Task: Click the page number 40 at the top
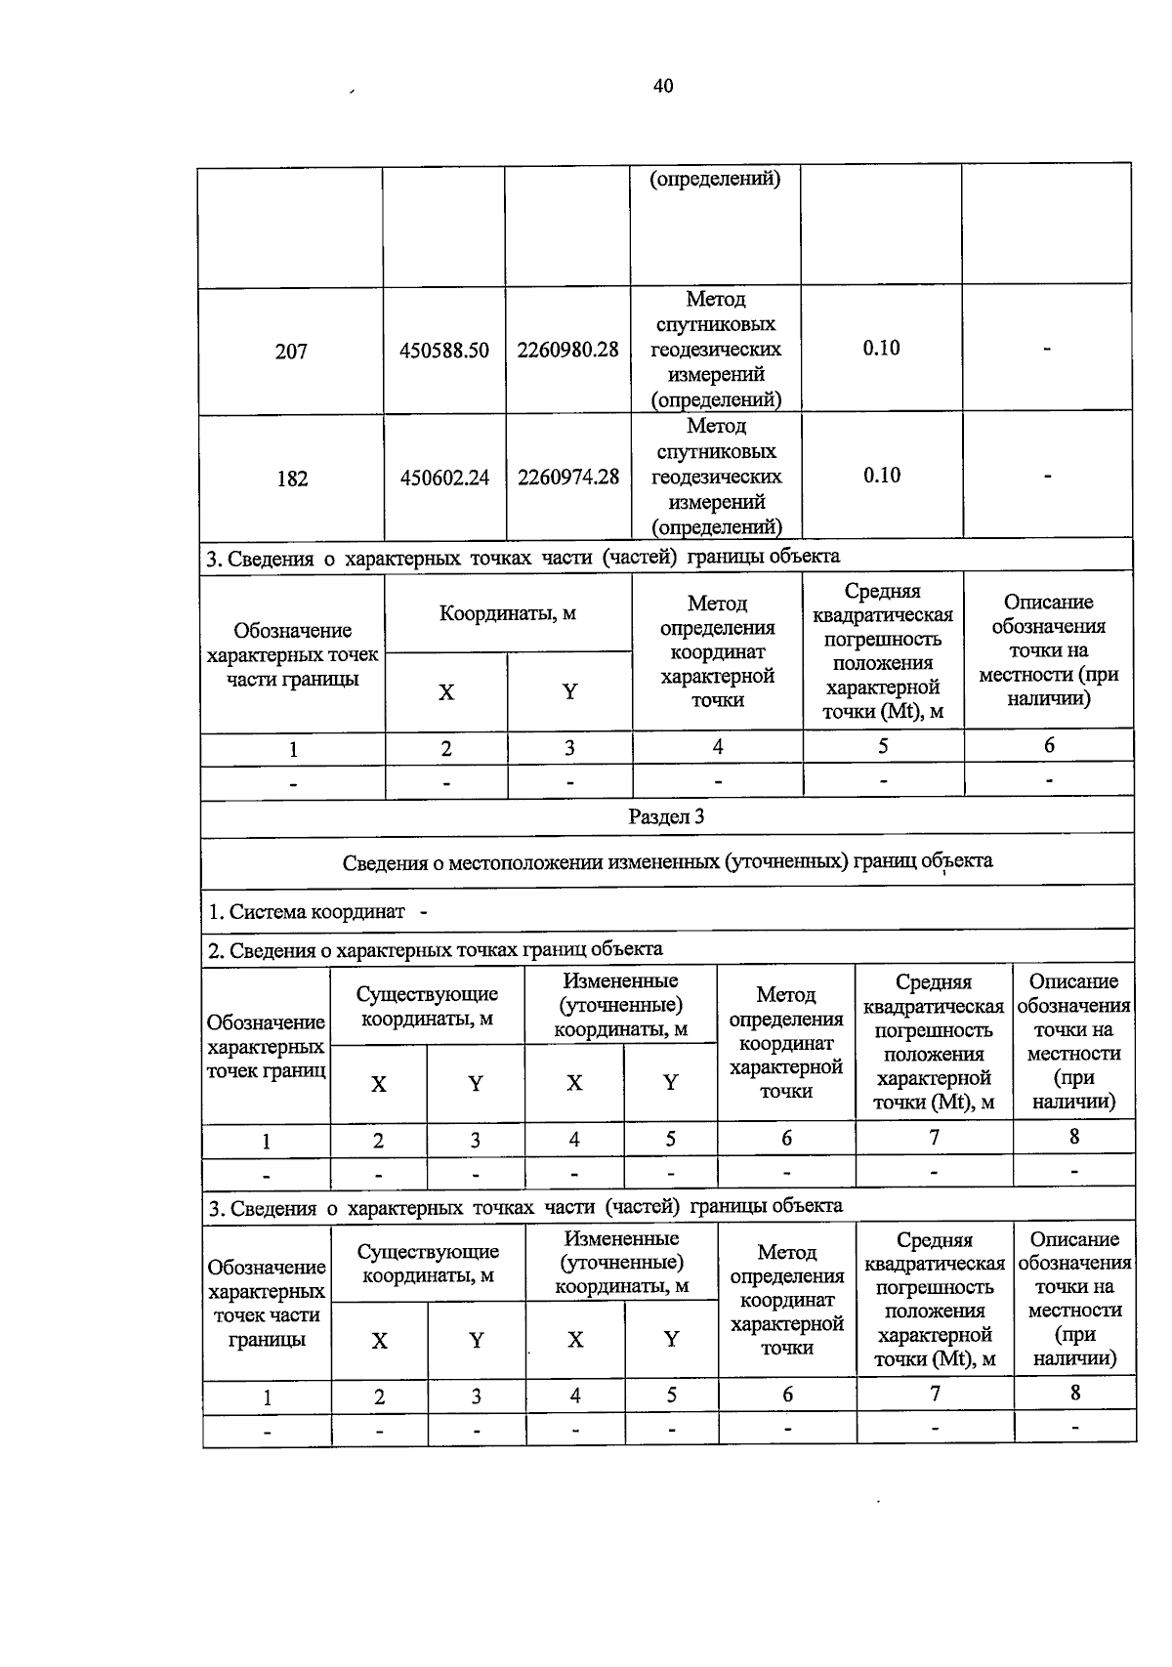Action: (663, 86)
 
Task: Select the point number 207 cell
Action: (291, 352)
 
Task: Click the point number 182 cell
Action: (292, 479)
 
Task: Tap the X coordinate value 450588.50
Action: (444, 351)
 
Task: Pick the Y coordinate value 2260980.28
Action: (567, 350)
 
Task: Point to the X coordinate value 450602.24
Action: (444, 478)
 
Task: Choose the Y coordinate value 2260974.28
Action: (568, 477)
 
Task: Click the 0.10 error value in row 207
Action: (881, 348)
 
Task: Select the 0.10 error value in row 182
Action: (882, 475)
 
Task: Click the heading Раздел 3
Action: (666, 816)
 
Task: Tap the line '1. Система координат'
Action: (307, 912)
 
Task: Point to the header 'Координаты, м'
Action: (507, 613)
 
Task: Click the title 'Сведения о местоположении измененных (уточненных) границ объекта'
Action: (667, 862)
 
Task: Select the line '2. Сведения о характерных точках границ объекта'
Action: (436, 949)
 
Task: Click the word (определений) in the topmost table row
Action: (715, 179)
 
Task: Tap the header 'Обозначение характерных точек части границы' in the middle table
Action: (292, 654)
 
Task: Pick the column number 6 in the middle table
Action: (1049, 745)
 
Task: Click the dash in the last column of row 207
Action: (1046, 349)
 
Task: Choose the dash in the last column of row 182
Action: (1047, 476)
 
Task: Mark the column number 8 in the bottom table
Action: (1075, 1393)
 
